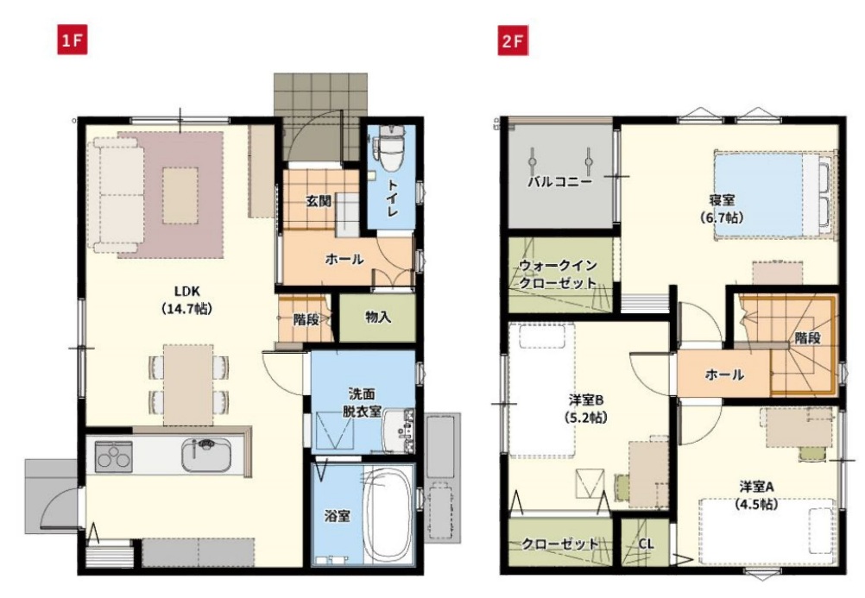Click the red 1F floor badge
pos(73,41)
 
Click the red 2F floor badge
pos(513,41)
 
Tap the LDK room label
pos(187,299)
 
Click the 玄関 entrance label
pos(319,201)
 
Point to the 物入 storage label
pos(378,318)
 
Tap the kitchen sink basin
pos(206,456)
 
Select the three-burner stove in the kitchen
pos(114,456)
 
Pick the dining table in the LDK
pos(188,385)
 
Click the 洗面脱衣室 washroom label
pos(362,402)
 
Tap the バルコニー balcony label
pos(559,181)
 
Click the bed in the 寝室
pos(773,195)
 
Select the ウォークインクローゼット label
pos(559,274)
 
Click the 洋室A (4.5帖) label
pos(756,494)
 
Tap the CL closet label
pos(646,544)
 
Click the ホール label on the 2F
pos(724,375)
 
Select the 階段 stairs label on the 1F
pos(306,319)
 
